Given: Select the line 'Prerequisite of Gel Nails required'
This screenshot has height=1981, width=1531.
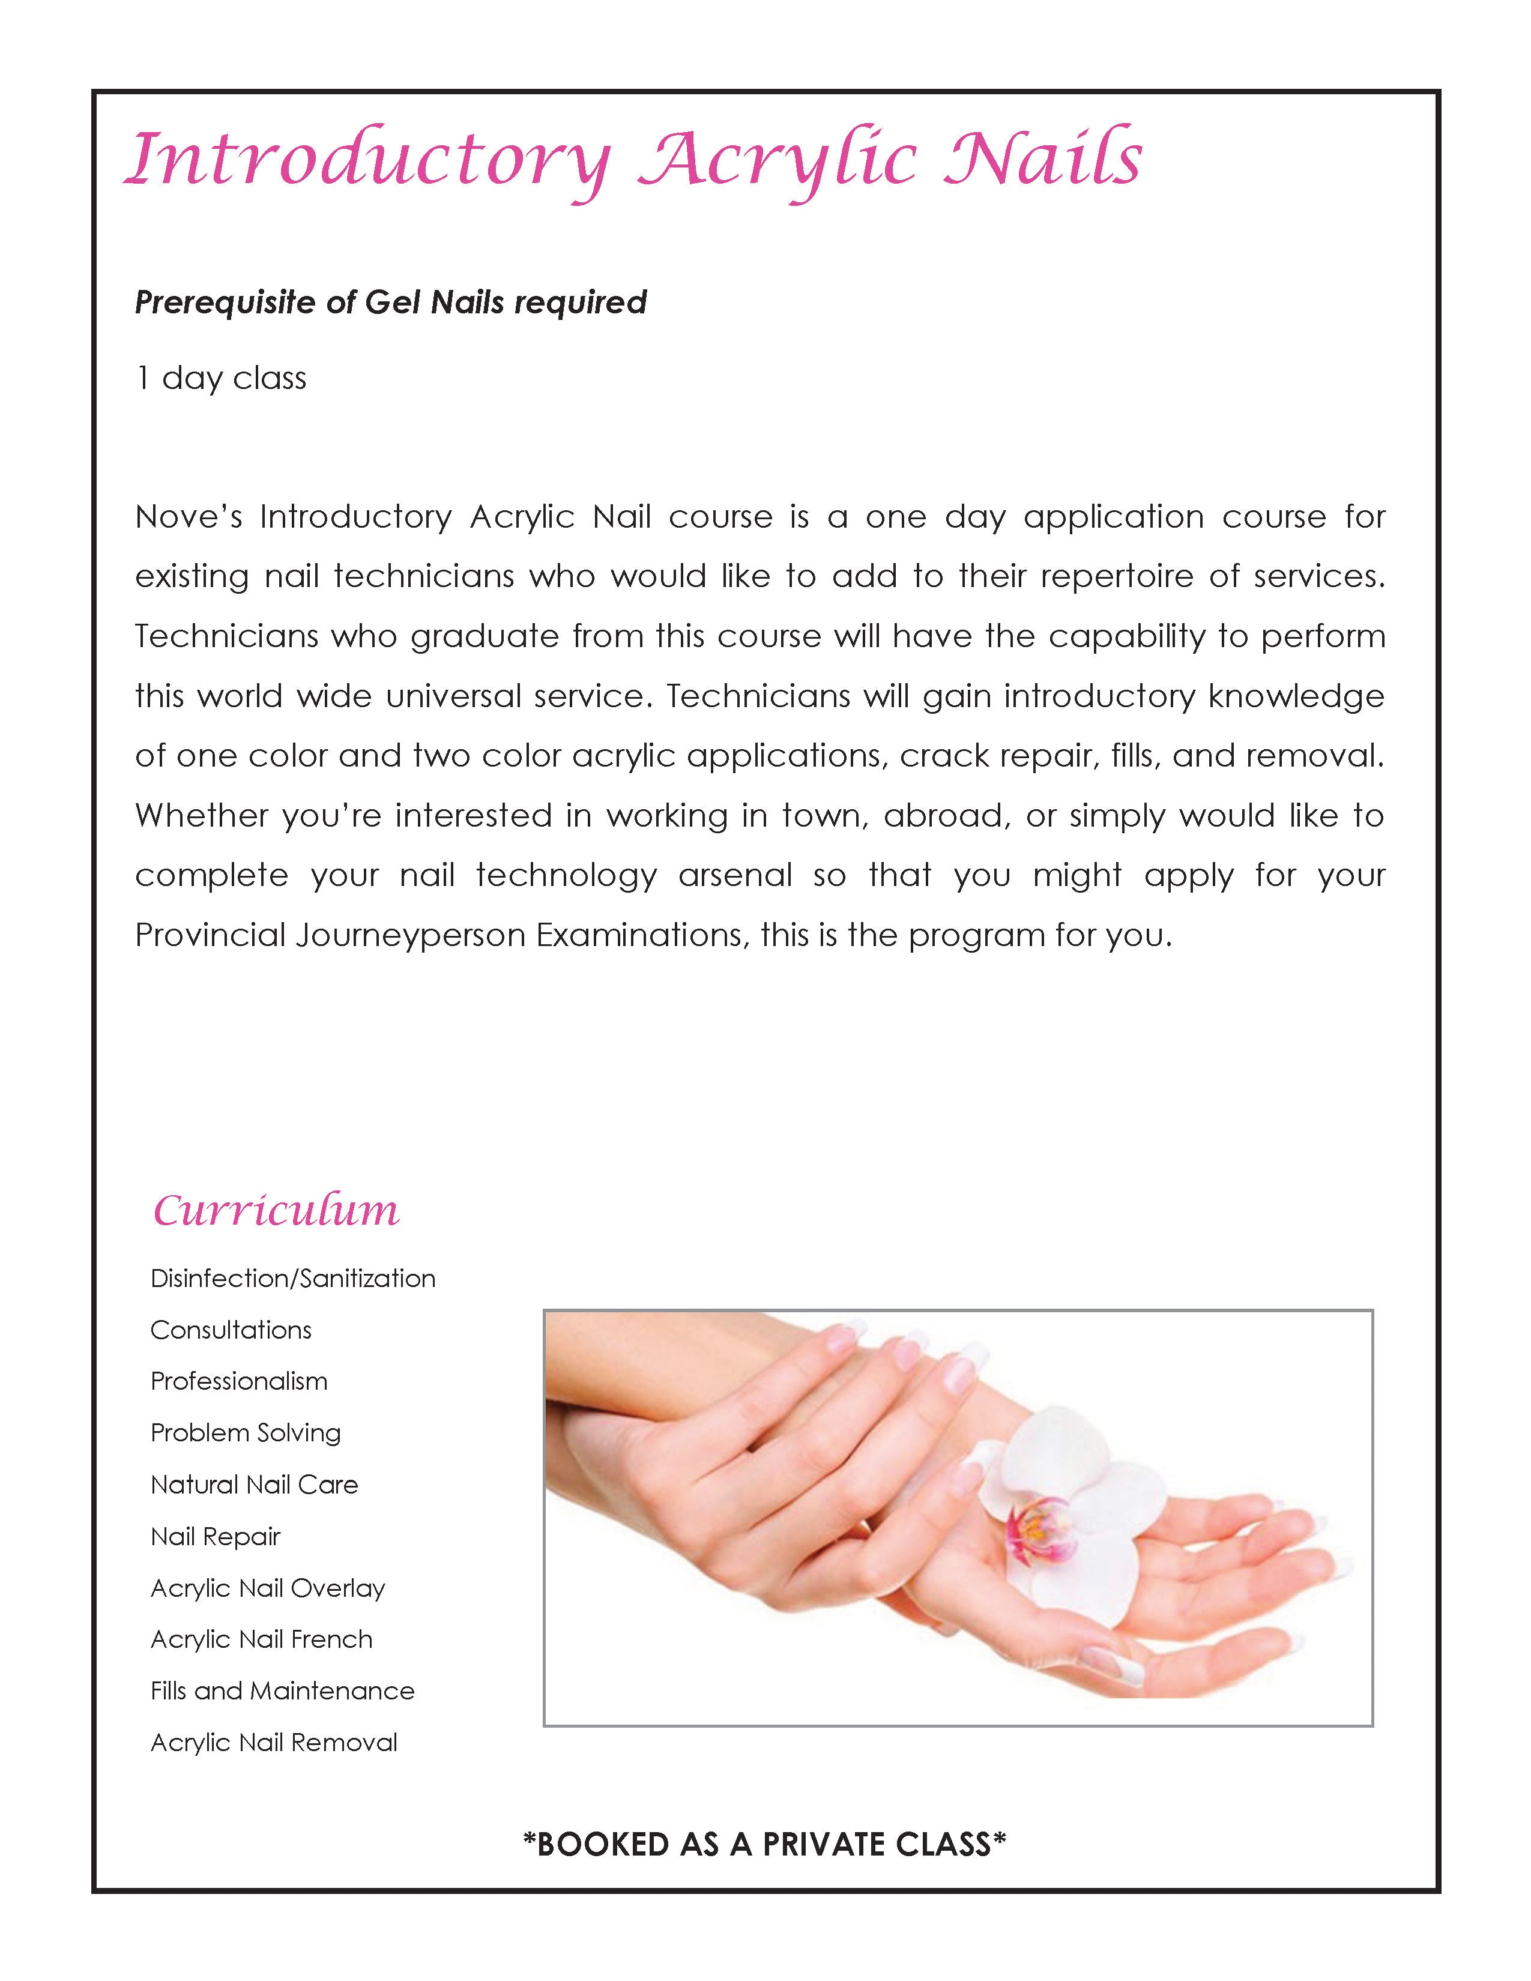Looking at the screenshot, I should coord(391,302).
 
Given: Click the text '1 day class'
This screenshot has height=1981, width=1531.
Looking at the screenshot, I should coord(222,378).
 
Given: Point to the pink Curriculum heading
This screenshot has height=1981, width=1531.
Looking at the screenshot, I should coord(276,1210).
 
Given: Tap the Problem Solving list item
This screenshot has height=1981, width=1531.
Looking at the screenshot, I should coord(246,1433).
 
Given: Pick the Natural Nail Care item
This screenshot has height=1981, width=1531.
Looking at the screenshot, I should coord(255,1485).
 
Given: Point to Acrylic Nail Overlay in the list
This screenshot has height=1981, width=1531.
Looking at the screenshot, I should coord(268,1588).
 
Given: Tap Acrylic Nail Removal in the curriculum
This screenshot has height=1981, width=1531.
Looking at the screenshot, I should coord(274,1743).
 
